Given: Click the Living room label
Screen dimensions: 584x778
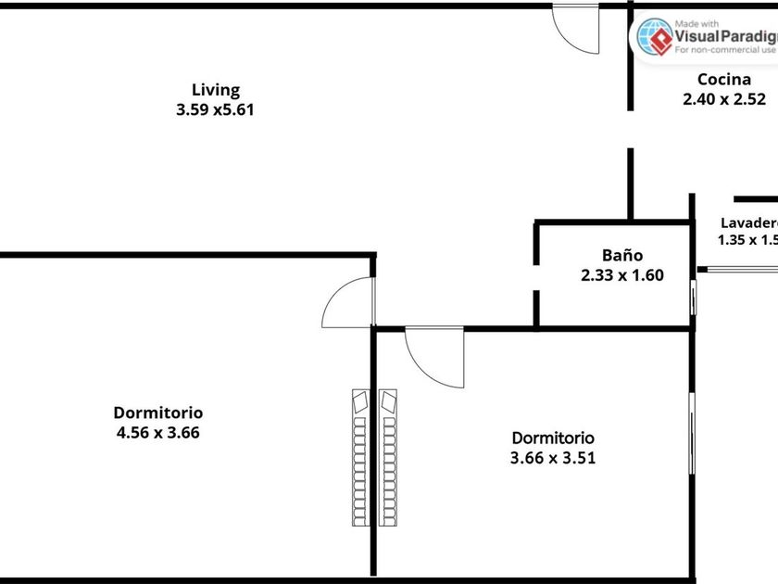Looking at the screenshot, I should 215,90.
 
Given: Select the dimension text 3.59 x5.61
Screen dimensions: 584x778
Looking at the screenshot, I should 215,108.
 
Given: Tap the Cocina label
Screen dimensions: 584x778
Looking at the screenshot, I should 723,80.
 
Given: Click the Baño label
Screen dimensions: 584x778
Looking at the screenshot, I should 621,256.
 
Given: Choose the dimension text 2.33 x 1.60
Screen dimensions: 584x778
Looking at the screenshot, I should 621,274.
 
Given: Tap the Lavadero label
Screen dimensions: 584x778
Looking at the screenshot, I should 748,222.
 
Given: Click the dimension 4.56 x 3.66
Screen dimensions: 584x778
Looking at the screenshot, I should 157,432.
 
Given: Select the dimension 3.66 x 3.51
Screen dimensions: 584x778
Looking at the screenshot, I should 553,457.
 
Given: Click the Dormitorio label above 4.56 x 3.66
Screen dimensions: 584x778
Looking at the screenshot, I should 157,413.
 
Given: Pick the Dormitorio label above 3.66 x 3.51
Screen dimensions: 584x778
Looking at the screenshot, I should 553,438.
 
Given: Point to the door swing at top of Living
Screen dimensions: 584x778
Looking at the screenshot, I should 572,28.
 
